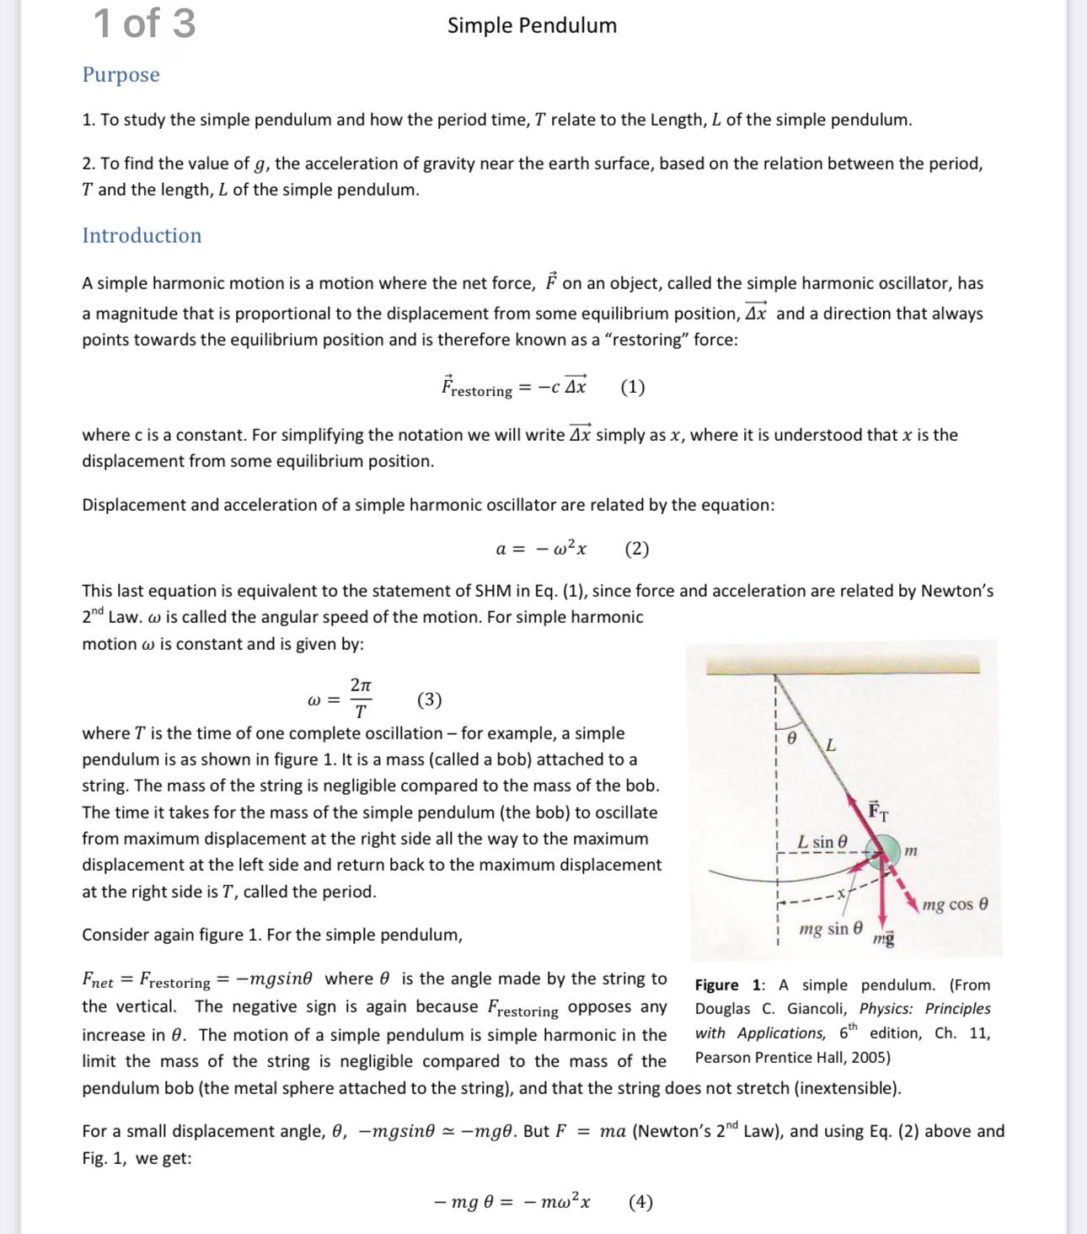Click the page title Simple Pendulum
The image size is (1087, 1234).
click(x=532, y=25)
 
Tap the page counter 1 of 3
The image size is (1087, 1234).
click(x=144, y=24)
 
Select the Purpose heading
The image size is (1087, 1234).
click(x=120, y=75)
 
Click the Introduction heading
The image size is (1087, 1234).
click(x=142, y=235)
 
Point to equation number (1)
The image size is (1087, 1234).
click(x=633, y=387)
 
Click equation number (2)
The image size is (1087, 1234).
click(x=637, y=549)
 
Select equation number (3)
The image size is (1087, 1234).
click(x=429, y=700)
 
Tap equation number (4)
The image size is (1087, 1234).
click(x=640, y=1202)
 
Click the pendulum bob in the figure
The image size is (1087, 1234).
click(x=883, y=851)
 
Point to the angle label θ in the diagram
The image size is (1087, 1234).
click(x=790, y=738)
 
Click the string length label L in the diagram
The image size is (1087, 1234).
click(x=831, y=745)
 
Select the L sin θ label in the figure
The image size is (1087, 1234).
click(x=822, y=842)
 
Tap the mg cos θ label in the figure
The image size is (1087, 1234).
click(x=955, y=904)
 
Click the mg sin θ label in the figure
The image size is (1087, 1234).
click(x=831, y=929)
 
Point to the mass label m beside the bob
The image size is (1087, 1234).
click(x=910, y=851)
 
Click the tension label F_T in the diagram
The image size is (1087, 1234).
click(x=877, y=811)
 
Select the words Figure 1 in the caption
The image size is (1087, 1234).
click(x=730, y=985)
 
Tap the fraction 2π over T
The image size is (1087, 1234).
click(x=361, y=698)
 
